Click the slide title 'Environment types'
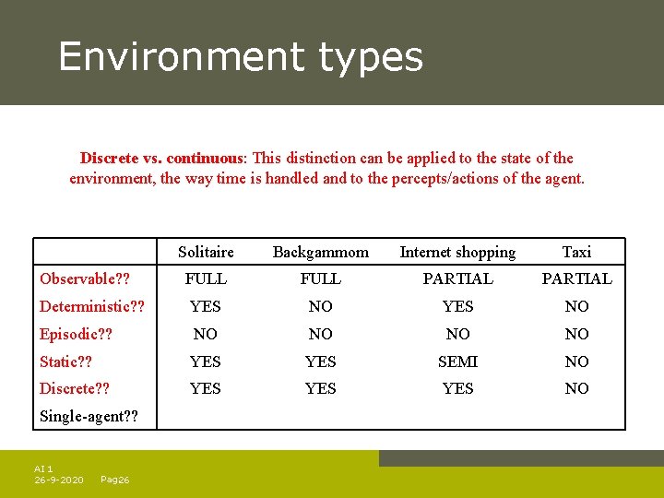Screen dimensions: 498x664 pyautogui.click(x=241, y=56)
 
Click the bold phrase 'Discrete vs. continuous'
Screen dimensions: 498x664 pyautogui.click(x=162, y=158)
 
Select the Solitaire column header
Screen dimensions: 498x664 pyautogui.click(x=206, y=252)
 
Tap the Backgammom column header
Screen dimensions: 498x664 pyautogui.click(x=320, y=252)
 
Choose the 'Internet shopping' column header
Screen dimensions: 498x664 pyautogui.click(x=457, y=252)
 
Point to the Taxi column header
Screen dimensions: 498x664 pyautogui.click(x=576, y=252)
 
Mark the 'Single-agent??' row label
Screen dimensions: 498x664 pyautogui.click(x=89, y=417)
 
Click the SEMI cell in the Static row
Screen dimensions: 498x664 pyautogui.click(x=457, y=362)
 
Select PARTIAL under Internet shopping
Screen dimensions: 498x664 pyautogui.click(x=457, y=279)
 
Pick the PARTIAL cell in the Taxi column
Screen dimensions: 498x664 pyautogui.click(x=576, y=279)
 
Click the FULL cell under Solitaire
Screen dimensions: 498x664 pyautogui.click(x=206, y=279)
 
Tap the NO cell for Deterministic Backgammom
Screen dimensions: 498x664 pyautogui.click(x=320, y=306)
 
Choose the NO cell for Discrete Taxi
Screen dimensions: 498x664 pyautogui.click(x=576, y=389)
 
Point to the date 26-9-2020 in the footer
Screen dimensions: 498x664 pyautogui.click(x=59, y=480)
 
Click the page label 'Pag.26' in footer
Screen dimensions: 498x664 pyautogui.click(x=114, y=480)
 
